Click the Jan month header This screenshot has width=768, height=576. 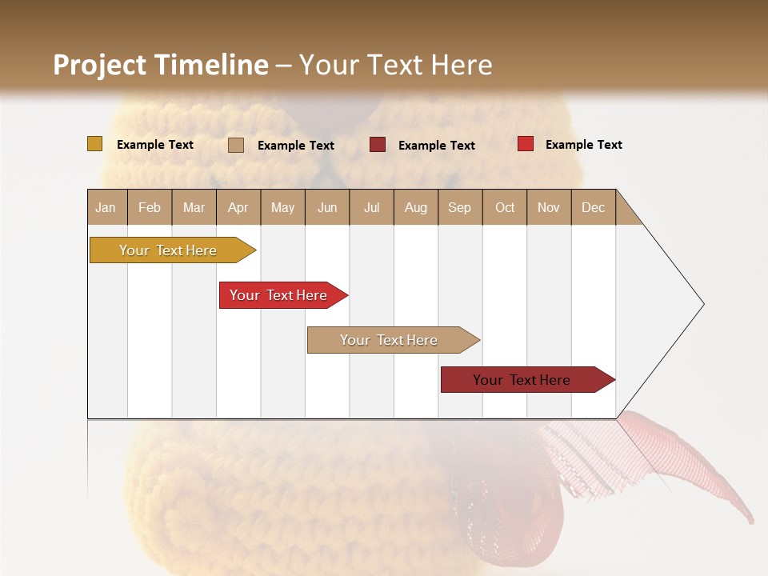[x=106, y=207]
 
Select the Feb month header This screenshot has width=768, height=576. [x=150, y=207]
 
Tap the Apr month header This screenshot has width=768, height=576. [x=238, y=207]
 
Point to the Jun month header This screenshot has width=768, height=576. [x=327, y=207]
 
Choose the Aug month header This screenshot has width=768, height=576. [x=415, y=207]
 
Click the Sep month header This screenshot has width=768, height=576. [x=459, y=207]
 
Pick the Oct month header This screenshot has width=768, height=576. [x=505, y=207]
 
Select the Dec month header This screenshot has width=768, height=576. [x=593, y=207]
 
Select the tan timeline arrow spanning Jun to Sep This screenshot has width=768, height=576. [x=390, y=340]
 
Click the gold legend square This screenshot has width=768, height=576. [x=94, y=144]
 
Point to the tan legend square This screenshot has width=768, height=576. [x=236, y=145]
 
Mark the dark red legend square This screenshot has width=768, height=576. [x=378, y=145]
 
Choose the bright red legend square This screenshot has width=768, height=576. [x=525, y=144]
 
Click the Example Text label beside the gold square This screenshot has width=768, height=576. [x=155, y=145]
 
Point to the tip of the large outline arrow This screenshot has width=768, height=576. [x=702, y=304]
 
